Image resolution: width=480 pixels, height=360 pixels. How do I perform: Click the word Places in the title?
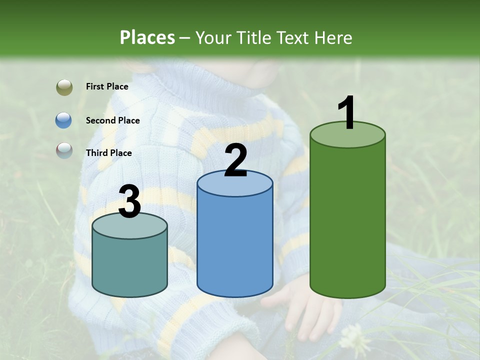pos(147,37)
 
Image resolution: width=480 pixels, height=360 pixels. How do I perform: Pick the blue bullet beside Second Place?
pos(64,120)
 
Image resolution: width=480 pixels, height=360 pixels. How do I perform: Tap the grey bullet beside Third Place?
pos(64,150)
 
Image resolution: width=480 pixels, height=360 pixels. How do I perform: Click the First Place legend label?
pos(107,86)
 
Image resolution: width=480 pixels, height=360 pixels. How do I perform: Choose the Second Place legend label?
pos(112,120)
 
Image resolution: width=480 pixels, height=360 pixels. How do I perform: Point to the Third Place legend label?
pos(108,153)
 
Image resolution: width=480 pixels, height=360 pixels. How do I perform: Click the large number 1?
pos(347,113)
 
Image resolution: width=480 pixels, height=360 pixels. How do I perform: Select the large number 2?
pos(235,160)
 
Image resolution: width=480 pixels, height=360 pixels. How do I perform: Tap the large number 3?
pos(130,202)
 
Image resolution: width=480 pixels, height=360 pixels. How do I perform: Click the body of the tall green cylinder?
pos(347,220)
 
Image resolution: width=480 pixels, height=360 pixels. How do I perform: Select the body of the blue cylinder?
pos(235,245)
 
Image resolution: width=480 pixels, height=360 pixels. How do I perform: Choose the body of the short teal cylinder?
pos(130,265)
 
